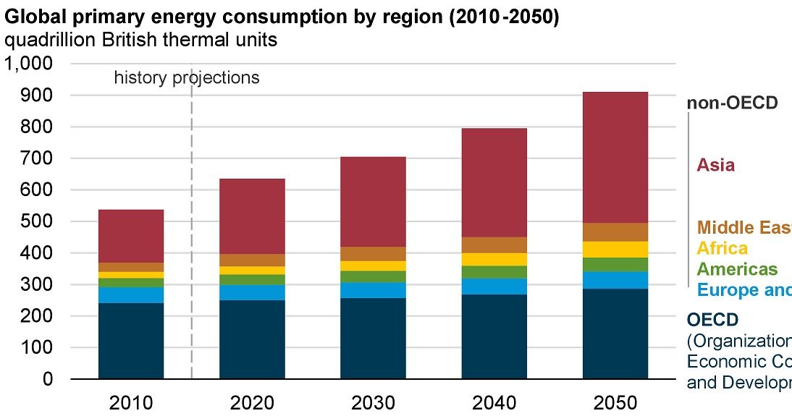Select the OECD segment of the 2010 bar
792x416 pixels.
point(131,341)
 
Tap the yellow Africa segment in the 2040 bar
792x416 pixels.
point(494,259)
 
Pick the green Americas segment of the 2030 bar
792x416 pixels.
point(373,276)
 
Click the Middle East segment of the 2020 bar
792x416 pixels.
point(252,260)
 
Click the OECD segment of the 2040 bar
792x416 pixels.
point(494,336)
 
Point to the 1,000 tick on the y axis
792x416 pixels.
point(29,64)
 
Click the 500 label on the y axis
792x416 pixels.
point(38,221)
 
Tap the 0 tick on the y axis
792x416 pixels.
point(47,379)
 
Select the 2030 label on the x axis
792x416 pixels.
point(373,402)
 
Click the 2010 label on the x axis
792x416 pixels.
point(131,402)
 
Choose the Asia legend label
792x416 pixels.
point(715,165)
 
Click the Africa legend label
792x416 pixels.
point(722,248)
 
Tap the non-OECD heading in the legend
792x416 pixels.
point(732,103)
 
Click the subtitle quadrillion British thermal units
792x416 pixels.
point(141,40)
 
